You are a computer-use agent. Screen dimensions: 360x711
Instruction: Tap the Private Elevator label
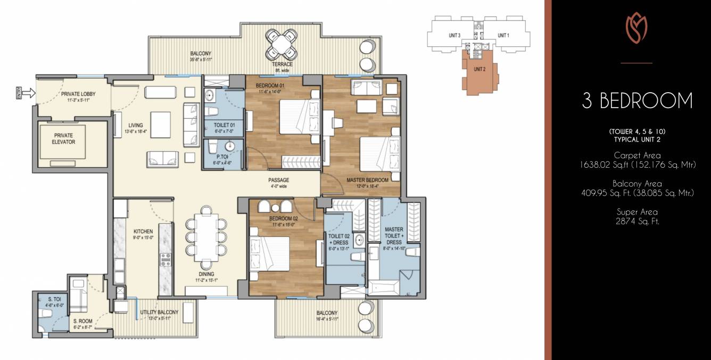pos(63,138)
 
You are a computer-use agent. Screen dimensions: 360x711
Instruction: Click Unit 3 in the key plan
pos(454,36)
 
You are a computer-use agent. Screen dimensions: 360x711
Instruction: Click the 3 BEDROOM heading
pos(637,101)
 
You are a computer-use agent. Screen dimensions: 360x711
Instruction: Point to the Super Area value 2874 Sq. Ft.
pos(637,221)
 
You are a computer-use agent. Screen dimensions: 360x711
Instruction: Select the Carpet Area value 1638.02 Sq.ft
pos(637,165)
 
